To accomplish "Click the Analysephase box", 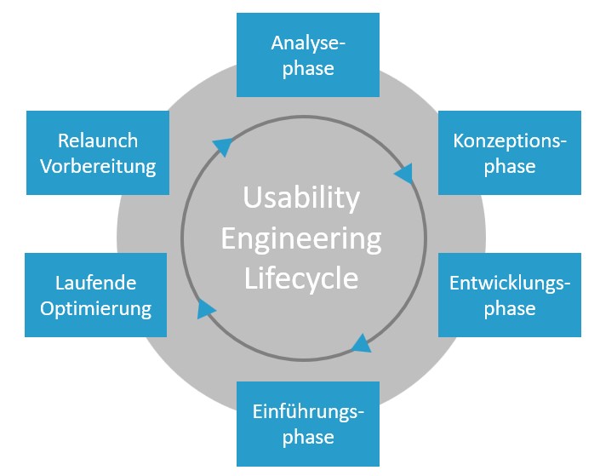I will click(307, 55).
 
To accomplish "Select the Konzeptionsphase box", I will click(509, 153).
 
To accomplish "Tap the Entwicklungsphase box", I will click(509, 295).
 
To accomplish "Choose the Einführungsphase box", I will click(307, 425).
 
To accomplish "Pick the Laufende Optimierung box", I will click(96, 295).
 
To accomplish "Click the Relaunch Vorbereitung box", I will click(96, 153).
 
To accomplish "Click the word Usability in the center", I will click(301, 198).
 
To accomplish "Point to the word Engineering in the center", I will click(301, 238).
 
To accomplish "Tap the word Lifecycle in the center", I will click(301, 278).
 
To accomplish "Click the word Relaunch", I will click(97, 141).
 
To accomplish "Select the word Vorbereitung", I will click(97, 166).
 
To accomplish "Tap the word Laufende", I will click(95, 282).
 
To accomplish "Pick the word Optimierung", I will click(95, 307).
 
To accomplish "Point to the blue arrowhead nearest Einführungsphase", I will click(361, 342).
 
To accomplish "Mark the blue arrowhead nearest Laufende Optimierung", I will click(206, 307).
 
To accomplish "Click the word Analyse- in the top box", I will click(307, 43).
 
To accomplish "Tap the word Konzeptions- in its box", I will click(509, 141).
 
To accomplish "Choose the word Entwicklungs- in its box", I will click(509, 282).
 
